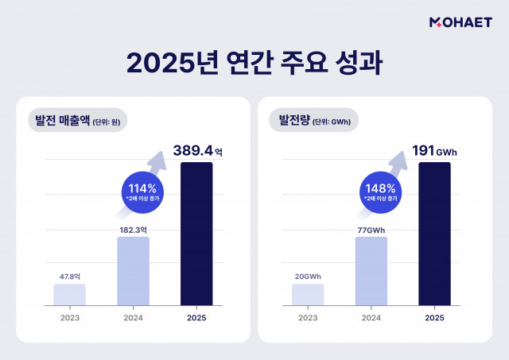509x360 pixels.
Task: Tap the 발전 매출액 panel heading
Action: (77, 121)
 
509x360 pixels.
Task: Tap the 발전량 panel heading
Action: (315, 121)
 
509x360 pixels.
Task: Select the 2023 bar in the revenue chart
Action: (69, 295)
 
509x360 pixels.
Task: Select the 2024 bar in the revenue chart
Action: (133, 271)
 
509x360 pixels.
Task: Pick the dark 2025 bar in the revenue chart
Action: (196, 234)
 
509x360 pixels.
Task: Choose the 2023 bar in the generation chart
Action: (308, 295)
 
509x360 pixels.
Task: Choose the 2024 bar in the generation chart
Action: (371, 271)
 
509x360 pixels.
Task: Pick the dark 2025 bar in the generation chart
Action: (434, 234)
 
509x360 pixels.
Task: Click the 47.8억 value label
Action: (70, 277)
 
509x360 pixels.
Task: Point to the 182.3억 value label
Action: (133, 229)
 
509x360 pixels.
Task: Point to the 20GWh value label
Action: (308, 277)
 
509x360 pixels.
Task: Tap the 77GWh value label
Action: (371, 229)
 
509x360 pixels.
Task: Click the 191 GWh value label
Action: (435, 149)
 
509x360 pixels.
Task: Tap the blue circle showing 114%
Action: (142, 193)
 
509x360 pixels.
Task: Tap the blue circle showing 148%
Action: (381, 193)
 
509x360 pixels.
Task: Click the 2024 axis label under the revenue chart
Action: (133, 317)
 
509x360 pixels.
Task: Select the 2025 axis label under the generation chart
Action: (434, 317)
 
